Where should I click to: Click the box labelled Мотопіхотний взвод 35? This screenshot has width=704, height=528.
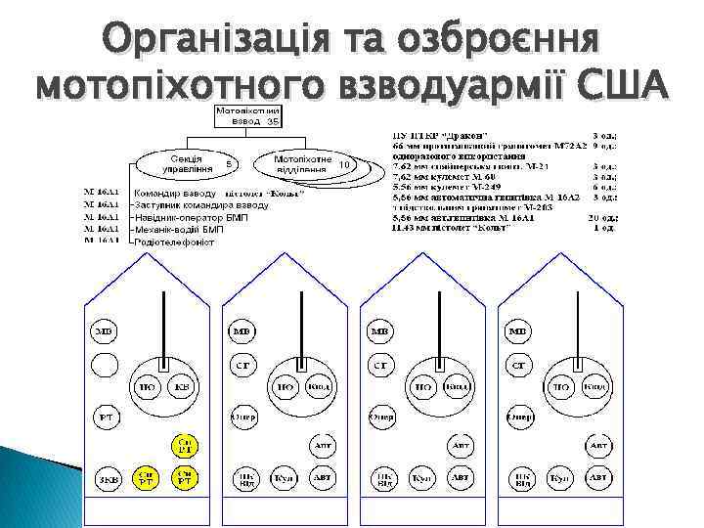coord(248,116)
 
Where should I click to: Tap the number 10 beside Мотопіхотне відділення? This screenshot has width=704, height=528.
coord(343,164)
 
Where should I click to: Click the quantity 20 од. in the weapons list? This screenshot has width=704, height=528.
coord(611,216)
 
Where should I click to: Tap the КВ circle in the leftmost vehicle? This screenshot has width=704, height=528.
coord(182,387)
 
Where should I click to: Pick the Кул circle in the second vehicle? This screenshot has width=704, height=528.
coord(284,478)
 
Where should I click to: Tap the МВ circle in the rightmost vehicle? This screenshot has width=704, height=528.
coord(518,332)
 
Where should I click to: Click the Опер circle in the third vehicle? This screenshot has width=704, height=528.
coord(380,418)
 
